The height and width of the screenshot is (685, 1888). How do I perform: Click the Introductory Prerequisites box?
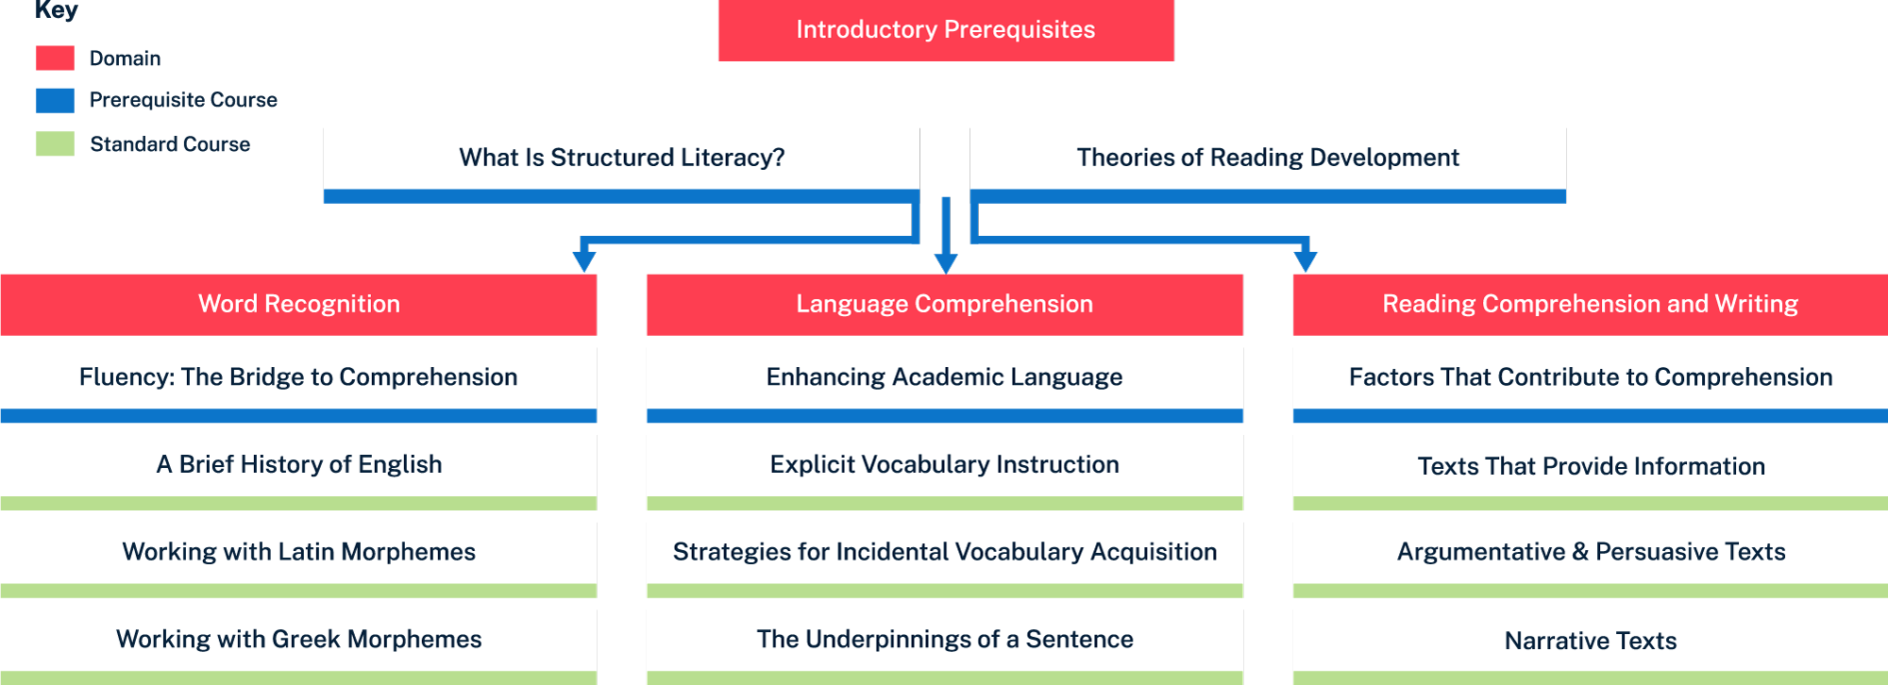[x=945, y=30]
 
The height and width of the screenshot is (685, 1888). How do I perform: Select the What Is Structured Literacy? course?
[x=621, y=159]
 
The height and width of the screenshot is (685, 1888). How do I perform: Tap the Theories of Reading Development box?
[x=1267, y=159]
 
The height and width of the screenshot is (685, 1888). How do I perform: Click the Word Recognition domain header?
[x=298, y=304]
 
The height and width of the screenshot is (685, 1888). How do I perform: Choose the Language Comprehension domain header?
[x=944, y=304]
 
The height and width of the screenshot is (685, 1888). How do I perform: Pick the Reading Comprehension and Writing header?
[x=1590, y=304]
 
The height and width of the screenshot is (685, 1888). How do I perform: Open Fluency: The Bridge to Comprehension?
[x=298, y=377]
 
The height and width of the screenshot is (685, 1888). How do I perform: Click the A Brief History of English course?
[x=298, y=465]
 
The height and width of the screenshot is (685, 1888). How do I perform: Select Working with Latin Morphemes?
[x=298, y=552]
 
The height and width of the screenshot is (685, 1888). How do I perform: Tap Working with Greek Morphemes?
[x=298, y=640]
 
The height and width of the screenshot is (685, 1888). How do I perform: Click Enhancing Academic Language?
[x=944, y=377]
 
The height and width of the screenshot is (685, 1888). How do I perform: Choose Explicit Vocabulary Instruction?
[x=944, y=465]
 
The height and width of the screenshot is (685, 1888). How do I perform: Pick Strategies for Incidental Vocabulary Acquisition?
[x=944, y=552]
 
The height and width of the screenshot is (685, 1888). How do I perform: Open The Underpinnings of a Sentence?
[x=944, y=640]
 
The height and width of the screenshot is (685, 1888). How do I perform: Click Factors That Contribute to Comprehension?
[x=1590, y=377]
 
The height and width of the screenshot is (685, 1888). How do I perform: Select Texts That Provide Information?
[x=1590, y=466]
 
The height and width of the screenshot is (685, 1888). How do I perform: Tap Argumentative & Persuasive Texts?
[x=1590, y=552]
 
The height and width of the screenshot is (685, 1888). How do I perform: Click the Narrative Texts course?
[x=1590, y=642]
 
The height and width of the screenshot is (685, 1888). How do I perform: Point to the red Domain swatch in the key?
[x=55, y=58]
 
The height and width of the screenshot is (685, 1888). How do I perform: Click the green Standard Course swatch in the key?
[x=55, y=144]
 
